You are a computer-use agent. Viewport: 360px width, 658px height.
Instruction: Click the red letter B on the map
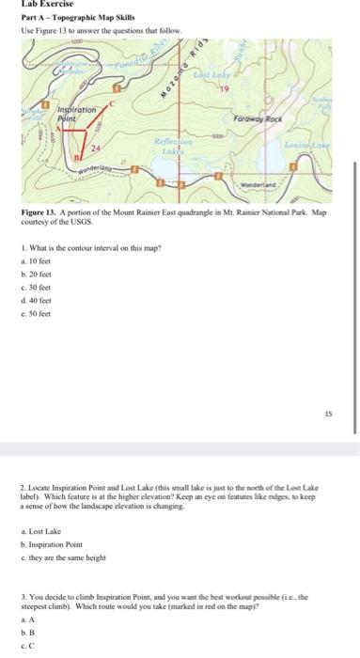point(78,161)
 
